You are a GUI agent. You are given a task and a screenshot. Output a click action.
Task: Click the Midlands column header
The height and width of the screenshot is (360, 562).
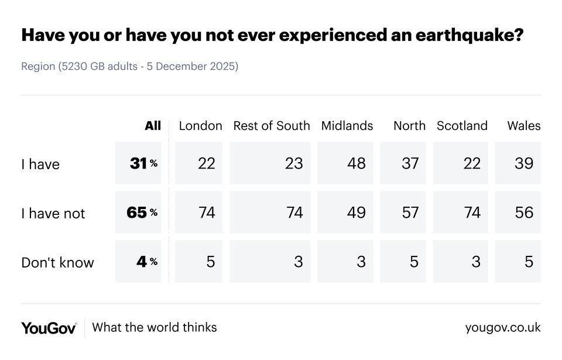pyautogui.click(x=347, y=126)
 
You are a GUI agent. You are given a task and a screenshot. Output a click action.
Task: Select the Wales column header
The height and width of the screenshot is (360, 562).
pyautogui.click(x=523, y=126)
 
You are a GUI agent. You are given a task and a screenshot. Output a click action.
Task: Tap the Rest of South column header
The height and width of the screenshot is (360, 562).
pyautogui.click(x=272, y=126)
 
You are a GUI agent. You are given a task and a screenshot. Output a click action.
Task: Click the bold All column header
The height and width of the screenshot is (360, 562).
pyautogui.click(x=153, y=126)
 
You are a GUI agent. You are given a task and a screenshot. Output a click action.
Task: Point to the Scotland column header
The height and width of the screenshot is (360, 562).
pyautogui.click(x=462, y=126)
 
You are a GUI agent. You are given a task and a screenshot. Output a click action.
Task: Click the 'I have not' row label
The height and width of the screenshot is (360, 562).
pyautogui.click(x=53, y=213)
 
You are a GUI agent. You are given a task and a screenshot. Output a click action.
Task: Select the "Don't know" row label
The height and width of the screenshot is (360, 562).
pyautogui.click(x=57, y=262)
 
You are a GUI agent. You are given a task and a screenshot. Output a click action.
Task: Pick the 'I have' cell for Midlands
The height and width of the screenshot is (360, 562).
pyautogui.click(x=345, y=163)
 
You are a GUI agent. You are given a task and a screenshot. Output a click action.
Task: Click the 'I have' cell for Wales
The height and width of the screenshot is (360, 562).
pyautogui.click(x=518, y=163)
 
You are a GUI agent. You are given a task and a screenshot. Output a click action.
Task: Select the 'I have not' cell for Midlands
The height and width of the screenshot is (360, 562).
pyautogui.click(x=345, y=212)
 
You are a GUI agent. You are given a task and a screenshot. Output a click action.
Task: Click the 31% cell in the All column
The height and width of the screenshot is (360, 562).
pyautogui.click(x=139, y=163)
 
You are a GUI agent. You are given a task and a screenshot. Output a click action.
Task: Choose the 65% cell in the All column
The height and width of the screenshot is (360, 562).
pyautogui.click(x=139, y=212)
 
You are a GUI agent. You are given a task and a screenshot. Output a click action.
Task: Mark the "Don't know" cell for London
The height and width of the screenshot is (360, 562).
pyautogui.click(x=199, y=261)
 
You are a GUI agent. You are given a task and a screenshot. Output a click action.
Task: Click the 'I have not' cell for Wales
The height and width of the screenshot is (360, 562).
pyautogui.click(x=518, y=212)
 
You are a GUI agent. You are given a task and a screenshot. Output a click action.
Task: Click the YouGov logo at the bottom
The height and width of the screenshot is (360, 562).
pyautogui.click(x=49, y=328)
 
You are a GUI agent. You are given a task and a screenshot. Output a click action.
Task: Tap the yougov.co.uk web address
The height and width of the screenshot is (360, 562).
pyautogui.click(x=502, y=328)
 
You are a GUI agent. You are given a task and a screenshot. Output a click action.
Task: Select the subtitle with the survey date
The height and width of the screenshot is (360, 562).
pyautogui.click(x=129, y=66)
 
